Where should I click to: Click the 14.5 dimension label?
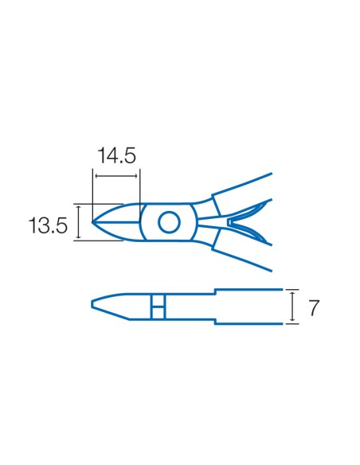tap(116, 156)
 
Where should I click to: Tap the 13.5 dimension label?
tap(48, 225)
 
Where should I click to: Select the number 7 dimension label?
tap(314, 307)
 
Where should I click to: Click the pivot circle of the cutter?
tap(169, 222)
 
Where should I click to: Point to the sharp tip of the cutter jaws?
tap(92, 222)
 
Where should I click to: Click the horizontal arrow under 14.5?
tap(116, 176)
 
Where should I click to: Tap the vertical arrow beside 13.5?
tap(79, 222)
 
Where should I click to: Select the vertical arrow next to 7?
tap(292, 307)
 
